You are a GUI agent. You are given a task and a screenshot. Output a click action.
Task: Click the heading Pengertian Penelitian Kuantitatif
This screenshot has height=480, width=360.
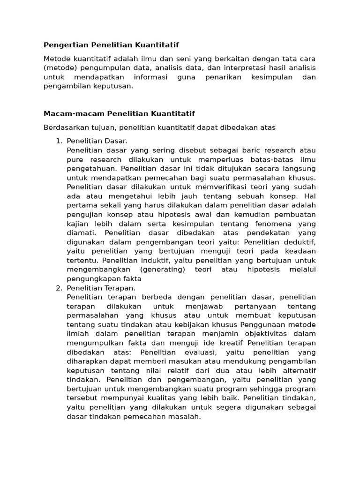tap(111, 45)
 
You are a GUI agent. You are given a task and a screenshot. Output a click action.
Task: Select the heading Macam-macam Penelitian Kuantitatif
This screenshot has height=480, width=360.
tap(119, 114)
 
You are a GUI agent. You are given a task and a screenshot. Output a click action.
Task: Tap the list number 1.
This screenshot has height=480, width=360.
tap(59, 141)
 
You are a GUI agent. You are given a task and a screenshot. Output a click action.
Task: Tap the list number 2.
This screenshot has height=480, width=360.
tap(59, 288)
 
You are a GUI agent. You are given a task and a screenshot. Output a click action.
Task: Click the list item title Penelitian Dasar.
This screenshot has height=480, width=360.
tap(97, 141)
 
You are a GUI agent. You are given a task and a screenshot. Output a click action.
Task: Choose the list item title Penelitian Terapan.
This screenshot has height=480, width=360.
tap(101, 288)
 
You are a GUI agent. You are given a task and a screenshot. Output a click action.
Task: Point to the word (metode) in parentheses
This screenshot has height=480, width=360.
tap(59, 67)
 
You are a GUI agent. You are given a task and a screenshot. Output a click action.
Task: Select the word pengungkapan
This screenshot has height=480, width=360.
tap(91, 278)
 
